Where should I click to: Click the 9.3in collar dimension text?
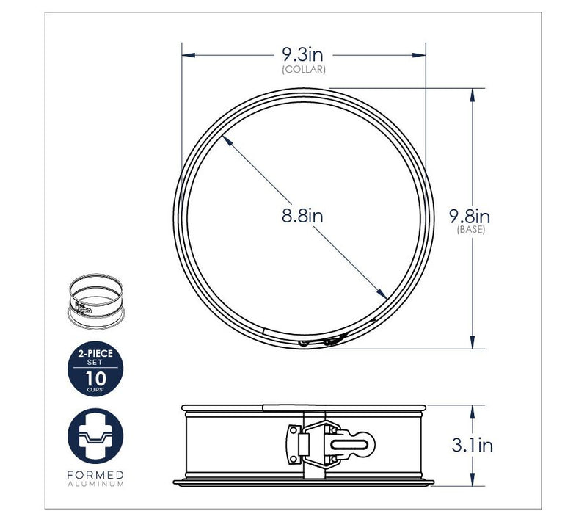click(302, 55)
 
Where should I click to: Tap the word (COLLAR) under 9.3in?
click(304, 70)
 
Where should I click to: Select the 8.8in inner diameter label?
click(302, 216)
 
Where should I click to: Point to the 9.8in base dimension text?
click(470, 217)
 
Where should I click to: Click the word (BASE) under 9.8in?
click(471, 230)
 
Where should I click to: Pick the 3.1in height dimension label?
click(472, 445)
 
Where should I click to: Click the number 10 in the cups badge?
click(95, 379)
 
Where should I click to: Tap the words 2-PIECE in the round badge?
click(95, 353)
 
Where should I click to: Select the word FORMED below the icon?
click(95, 475)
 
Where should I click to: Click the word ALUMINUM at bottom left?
click(95, 484)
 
